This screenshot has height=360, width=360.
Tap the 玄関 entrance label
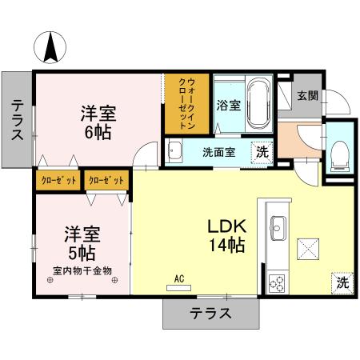click(307, 95)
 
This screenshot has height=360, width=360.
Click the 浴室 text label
click(227, 104)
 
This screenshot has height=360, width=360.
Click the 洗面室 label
click(218, 152)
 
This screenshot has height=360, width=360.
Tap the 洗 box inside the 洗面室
click(261, 151)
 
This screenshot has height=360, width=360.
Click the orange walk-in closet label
click(187, 103)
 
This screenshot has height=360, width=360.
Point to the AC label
click(179, 278)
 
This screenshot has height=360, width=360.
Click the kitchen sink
click(279, 227)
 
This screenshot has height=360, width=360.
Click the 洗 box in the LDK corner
click(341, 282)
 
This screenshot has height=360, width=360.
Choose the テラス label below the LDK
click(210, 314)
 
